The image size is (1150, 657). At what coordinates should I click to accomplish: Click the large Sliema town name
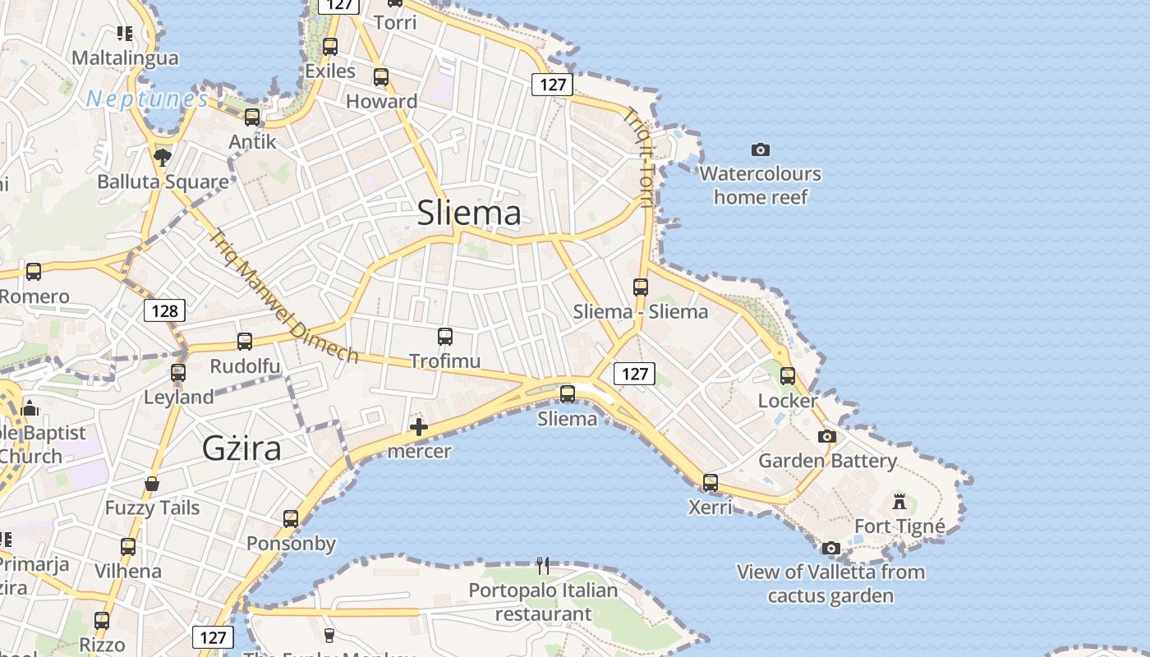[469, 213]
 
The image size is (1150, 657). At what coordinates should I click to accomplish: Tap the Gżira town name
[241, 448]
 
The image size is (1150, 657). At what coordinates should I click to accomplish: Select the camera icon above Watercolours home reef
[761, 149]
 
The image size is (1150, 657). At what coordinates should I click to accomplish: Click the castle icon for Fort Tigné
[899, 500]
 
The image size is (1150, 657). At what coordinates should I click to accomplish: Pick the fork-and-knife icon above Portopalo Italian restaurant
[542, 565]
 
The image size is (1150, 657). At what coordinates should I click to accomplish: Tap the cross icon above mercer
[419, 427]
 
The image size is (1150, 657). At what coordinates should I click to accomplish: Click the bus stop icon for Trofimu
[445, 336]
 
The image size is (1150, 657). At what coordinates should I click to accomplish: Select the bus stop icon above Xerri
[711, 482]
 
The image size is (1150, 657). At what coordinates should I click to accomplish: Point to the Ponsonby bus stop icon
[291, 518]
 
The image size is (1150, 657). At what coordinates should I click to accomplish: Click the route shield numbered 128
[164, 310]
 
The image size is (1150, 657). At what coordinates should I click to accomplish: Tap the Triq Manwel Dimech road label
[283, 296]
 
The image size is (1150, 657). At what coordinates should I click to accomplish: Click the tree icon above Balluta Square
[163, 156]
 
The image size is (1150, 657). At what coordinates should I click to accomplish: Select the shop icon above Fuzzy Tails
[152, 483]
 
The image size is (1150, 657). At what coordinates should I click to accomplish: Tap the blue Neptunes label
[147, 99]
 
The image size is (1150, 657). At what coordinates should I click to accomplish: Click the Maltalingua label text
[125, 57]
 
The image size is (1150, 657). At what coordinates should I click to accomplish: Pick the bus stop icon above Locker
[788, 375]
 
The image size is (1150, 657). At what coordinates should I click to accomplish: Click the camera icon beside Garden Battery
[827, 436]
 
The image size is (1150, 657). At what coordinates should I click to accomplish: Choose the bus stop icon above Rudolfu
[245, 341]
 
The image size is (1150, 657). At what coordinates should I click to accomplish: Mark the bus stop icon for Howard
[381, 77]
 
